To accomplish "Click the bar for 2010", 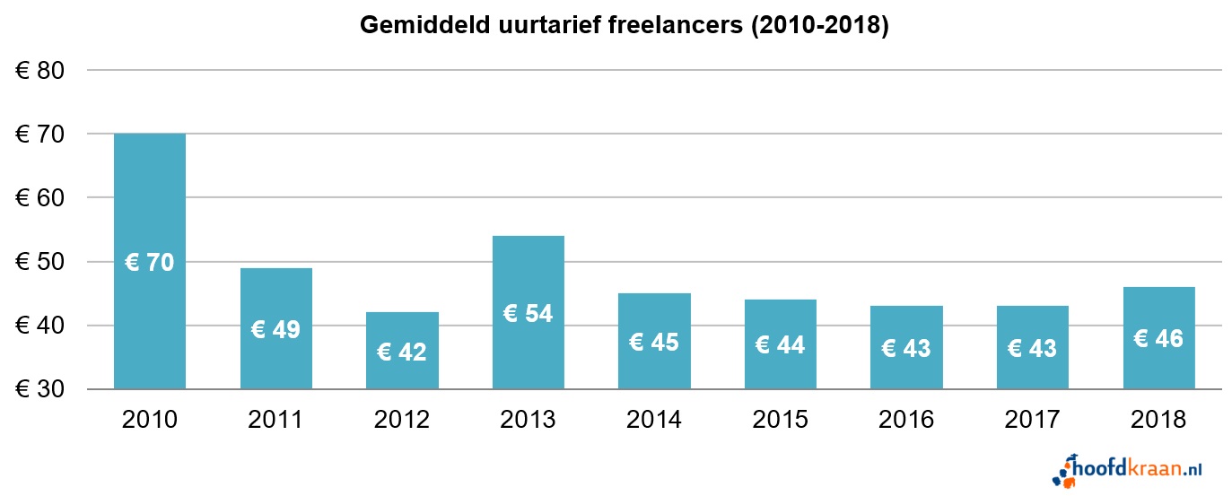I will [x=150, y=197].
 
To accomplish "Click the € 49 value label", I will [x=275, y=330].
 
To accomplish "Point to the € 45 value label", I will [x=654, y=342].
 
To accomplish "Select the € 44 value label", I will [x=780, y=344].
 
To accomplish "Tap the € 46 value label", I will [x=1158, y=339].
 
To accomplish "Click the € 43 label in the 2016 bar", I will [x=906, y=348].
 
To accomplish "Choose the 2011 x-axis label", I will [x=275, y=420].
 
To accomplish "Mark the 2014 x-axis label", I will [x=654, y=420].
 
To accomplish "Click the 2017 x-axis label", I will [x=1032, y=420].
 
